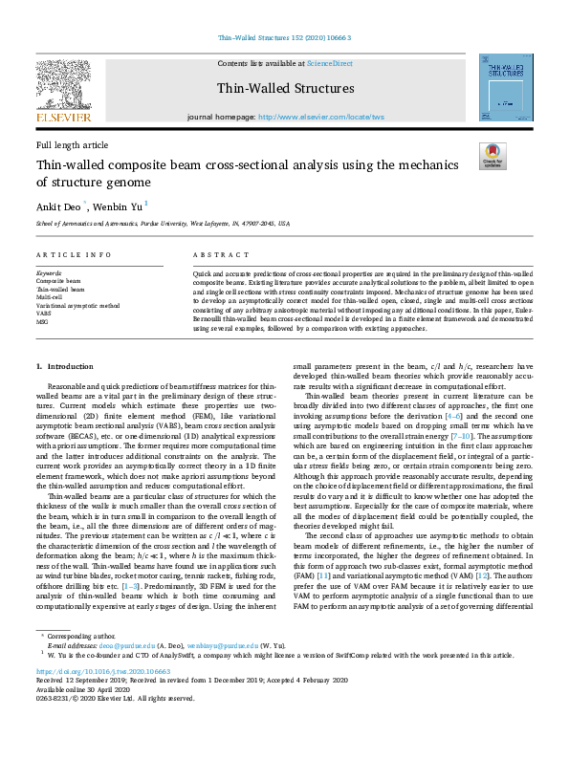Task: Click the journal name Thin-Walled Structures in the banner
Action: tap(285, 89)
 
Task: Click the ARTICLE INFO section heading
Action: tap(67, 256)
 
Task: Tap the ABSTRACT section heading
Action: tap(215, 256)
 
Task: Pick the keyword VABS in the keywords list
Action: tap(44, 313)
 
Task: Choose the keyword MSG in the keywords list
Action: tap(43, 320)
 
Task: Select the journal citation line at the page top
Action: tap(285, 37)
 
